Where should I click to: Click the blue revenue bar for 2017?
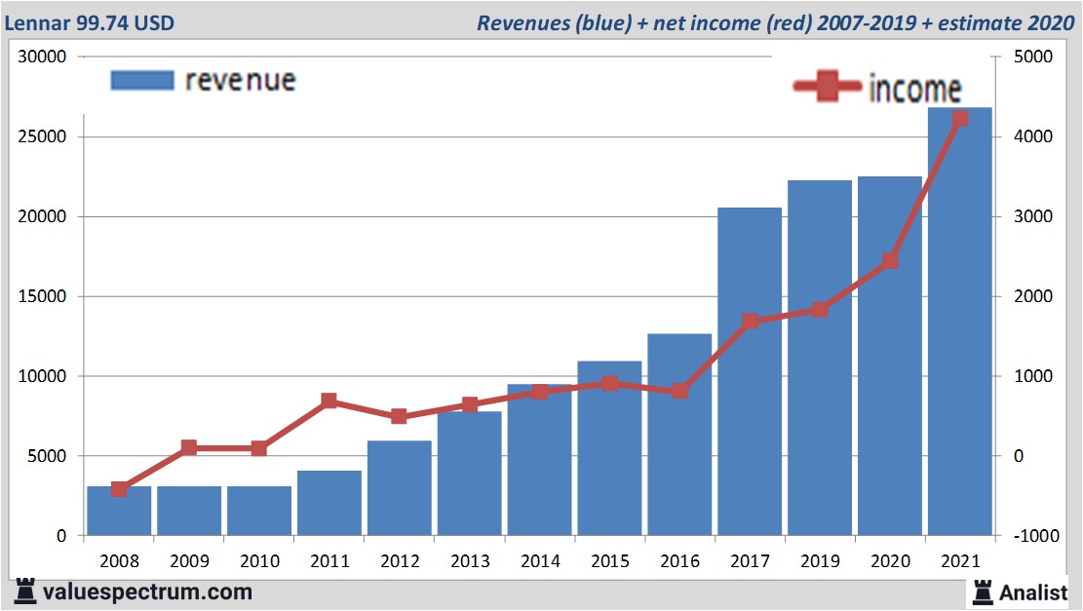[750, 370]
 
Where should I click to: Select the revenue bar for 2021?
[960, 322]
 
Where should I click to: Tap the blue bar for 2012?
[400, 487]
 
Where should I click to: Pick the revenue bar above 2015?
[609, 448]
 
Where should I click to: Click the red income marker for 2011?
[329, 401]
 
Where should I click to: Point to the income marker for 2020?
[890, 261]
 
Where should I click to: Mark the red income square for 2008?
[119, 489]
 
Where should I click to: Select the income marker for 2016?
[680, 392]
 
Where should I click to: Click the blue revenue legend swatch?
[142, 80]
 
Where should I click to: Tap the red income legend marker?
[828, 88]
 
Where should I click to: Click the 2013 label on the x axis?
[470, 562]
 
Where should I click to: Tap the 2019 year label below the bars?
[820, 562]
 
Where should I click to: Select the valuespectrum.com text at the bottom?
[147, 592]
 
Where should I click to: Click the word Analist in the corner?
[1033, 592]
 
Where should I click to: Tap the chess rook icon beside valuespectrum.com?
[25, 591]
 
